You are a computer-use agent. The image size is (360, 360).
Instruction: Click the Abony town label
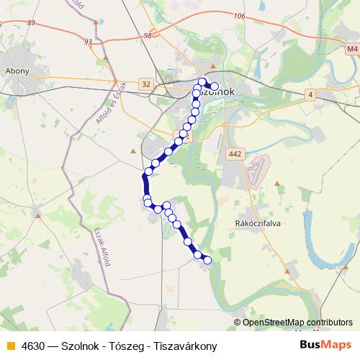coord(17,71)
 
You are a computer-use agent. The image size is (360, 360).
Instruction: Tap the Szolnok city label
coord(217,92)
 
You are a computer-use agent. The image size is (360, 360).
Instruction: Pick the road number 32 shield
coord(147,84)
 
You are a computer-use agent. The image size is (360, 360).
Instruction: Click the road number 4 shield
coord(310,94)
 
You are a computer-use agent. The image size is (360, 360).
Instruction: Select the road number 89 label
coord(30,23)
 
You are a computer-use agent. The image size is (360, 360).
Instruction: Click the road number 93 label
coord(88,42)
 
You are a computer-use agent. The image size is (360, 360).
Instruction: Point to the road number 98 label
coord(148,35)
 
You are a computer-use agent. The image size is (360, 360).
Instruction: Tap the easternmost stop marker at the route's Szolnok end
coord(214,86)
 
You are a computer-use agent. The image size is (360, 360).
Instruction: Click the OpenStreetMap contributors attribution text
coord(297,322)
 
